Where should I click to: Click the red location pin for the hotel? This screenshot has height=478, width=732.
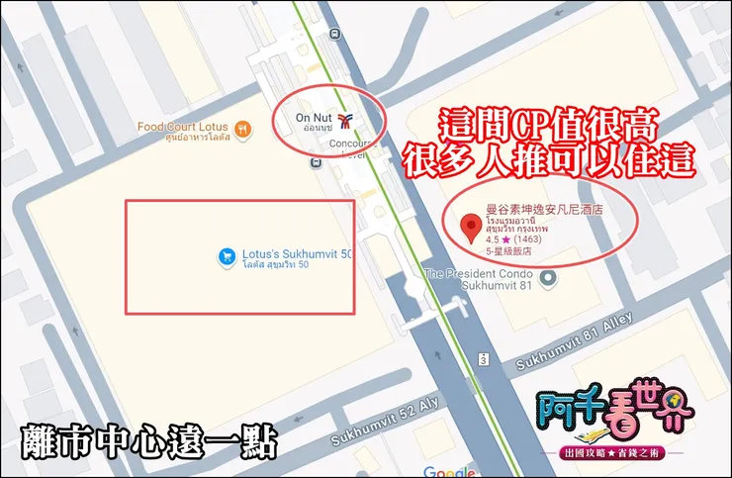pos(473,228)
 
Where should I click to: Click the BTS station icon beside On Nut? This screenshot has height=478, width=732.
pos(343,123)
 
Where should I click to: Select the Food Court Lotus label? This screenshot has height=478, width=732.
pos(184,128)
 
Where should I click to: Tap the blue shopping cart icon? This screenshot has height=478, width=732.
pos(226,256)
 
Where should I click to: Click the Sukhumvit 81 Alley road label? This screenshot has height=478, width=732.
pos(573,351)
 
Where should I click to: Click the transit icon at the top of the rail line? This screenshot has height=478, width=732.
pos(337,32)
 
